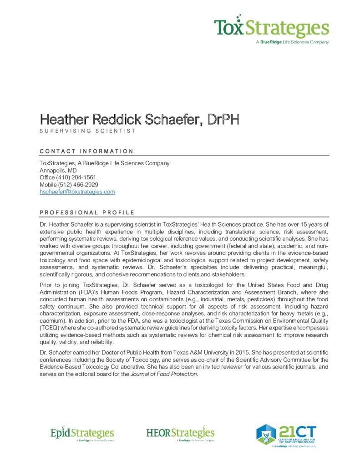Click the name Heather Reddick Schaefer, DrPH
click(x=139, y=120)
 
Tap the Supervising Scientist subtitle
click(x=87, y=131)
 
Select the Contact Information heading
click(x=86, y=151)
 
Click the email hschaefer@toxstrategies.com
click(x=77, y=192)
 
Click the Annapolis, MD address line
click(x=58, y=170)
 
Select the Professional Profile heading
click(x=87, y=213)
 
